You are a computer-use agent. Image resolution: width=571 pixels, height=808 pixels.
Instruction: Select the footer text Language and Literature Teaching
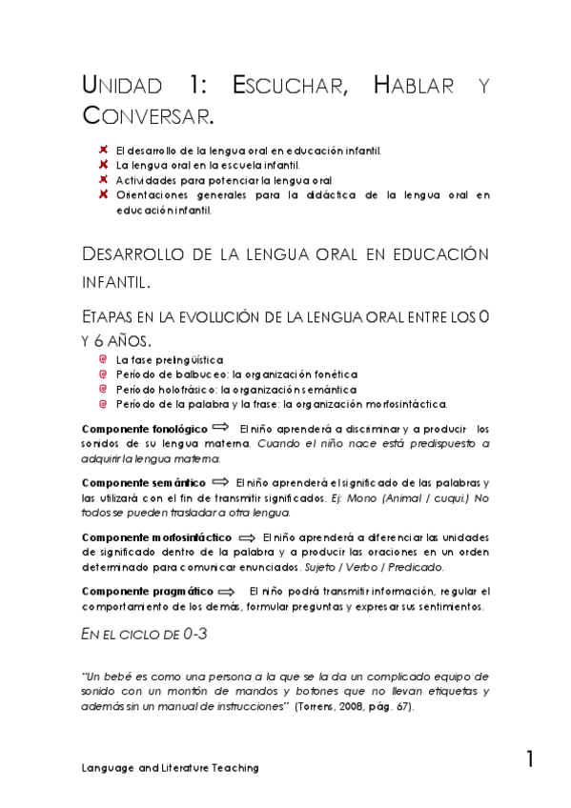(x=170, y=767)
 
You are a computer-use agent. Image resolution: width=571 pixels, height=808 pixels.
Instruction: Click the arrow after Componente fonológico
(x=220, y=428)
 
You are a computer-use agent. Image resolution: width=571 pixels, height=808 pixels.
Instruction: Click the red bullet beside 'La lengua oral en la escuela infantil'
(x=103, y=165)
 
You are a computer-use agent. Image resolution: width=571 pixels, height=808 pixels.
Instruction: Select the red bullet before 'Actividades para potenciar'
(x=103, y=179)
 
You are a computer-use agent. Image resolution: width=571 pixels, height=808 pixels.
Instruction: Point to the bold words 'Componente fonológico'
(x=145, y=429)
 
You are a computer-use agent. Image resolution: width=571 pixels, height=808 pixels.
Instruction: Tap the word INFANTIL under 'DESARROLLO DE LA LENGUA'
(x=114, y=283)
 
